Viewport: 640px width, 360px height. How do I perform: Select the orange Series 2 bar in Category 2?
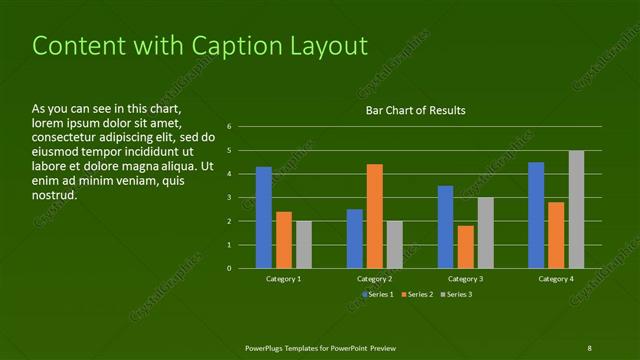(x=375, y=216)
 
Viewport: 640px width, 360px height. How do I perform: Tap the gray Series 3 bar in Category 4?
(x=576, y=209)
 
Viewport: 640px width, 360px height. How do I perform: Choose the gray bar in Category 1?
(x=304, y=244)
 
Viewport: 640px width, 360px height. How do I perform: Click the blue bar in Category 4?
(x=536, y=215)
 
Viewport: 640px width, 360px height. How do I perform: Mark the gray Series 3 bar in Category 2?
(x=395, y=244)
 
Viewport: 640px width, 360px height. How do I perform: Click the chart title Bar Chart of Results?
(x=415, y=110)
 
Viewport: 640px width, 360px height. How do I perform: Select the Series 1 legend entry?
(x=379, y=294)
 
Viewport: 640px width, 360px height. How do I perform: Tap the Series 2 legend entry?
(x=418, y=294)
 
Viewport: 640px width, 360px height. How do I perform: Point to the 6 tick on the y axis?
(x=229, y=127)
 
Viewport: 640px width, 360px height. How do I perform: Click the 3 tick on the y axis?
(x=229, y=197)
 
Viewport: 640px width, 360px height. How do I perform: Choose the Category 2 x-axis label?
(x=374, y=279)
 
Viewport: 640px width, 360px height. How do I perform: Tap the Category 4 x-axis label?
(x=556, y=279)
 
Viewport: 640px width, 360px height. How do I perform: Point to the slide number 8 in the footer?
(x=589, y=347)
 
